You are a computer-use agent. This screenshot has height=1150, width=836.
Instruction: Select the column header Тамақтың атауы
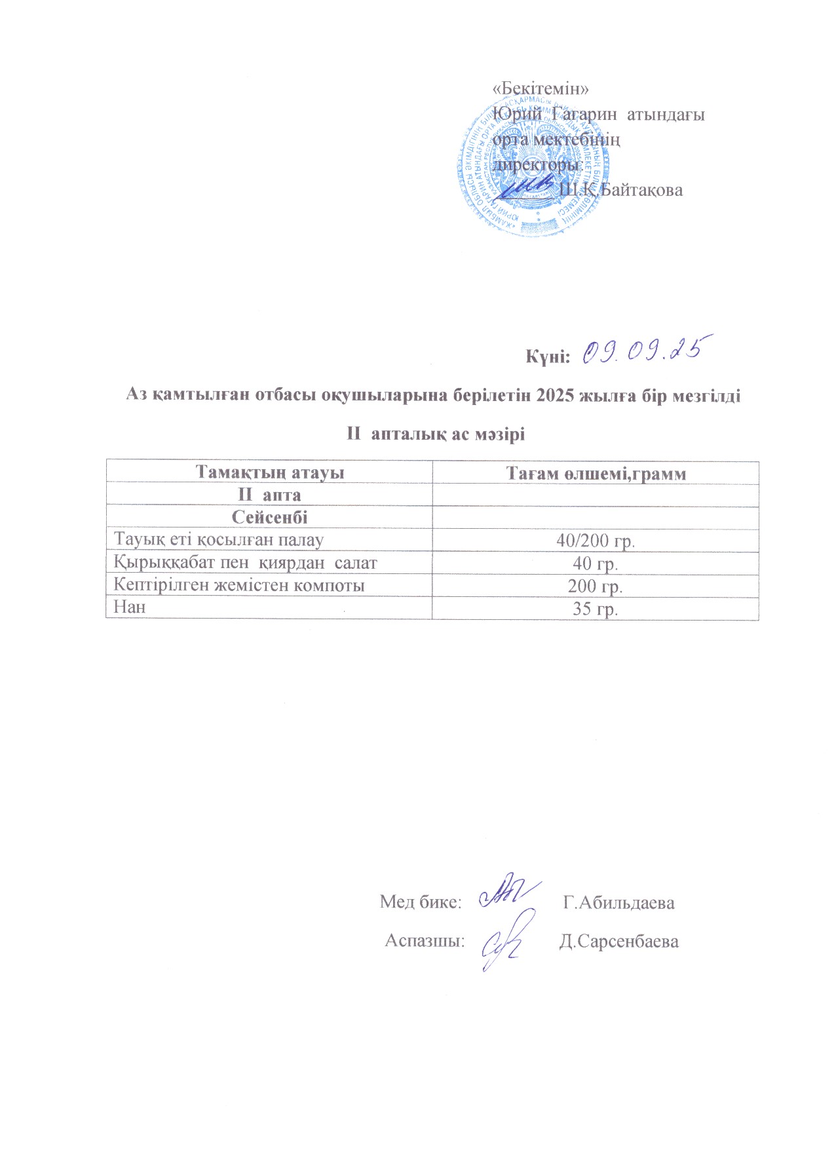270,472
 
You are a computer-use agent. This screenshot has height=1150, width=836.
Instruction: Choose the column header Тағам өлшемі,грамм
596,472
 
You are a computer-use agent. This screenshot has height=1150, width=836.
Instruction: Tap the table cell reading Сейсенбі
269,517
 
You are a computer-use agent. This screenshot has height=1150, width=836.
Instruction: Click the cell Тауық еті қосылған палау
219,540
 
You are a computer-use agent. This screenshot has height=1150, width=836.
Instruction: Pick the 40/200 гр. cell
596,541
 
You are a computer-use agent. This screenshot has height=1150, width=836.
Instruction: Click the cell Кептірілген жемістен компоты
239,585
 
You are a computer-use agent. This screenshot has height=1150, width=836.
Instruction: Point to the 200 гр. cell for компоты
596,586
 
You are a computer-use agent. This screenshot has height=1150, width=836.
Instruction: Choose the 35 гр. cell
596,609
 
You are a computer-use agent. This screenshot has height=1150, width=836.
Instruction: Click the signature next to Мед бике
508,892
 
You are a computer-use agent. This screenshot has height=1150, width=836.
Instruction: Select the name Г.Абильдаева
619,902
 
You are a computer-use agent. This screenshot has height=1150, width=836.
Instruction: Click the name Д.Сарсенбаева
619,942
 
